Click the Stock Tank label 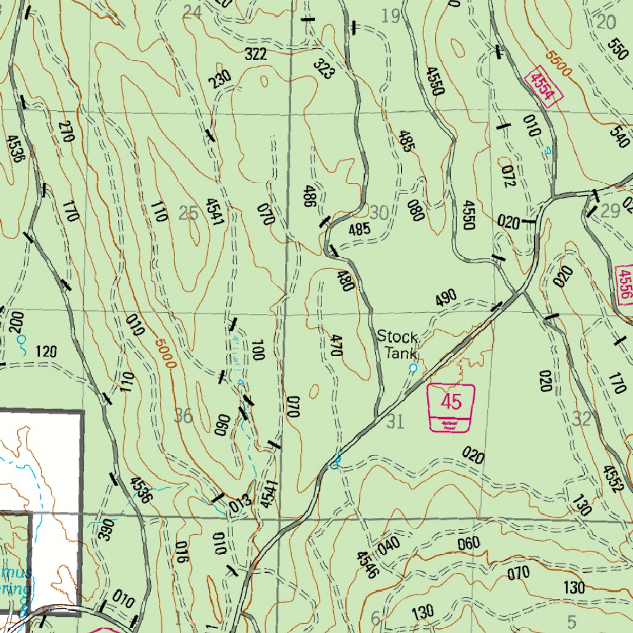397,344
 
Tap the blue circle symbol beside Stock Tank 413,368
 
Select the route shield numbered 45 451,407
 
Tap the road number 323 323,69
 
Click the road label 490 446,299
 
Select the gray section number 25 188,213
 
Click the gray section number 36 183,415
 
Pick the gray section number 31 395,422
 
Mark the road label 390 106,529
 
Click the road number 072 508,177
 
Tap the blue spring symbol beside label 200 21,339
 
